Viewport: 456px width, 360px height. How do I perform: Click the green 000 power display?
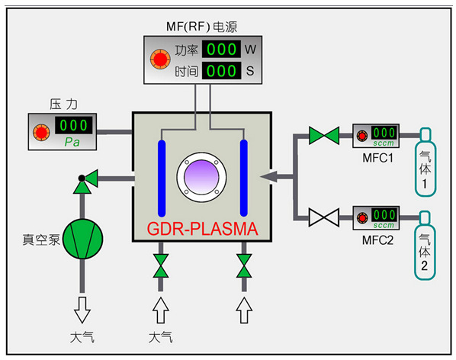click(221, 49)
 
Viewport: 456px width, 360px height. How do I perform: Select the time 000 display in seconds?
click(221, 71)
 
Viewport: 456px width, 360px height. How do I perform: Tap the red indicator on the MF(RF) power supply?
click(160, 59)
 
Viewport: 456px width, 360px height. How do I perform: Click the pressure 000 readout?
click(74, 125)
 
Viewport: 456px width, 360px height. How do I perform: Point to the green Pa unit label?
click(72, 142)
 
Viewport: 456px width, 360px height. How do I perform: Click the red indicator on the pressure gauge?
click(42, 133)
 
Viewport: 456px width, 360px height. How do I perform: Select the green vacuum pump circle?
click(83, 239)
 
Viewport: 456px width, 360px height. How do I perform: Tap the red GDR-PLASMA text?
click(202, 229)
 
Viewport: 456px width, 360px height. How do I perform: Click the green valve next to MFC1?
click(324, 136)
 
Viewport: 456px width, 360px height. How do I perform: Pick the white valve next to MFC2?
click(324, 217)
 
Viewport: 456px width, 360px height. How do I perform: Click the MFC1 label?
click(377, 158)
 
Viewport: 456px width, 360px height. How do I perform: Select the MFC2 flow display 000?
click(384, 215)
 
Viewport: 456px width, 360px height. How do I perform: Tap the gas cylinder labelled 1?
click(425, 162)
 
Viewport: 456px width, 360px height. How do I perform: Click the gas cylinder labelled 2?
click(425, 245)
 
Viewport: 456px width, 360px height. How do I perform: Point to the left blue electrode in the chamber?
click(162, 178)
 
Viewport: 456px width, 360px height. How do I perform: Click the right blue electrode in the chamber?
click(244, 178)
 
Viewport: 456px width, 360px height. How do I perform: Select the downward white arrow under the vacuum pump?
click(82, 310)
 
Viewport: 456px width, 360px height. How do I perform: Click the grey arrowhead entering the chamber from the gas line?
click(268, 176)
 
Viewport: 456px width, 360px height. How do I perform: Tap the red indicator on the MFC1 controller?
click(362, 136)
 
